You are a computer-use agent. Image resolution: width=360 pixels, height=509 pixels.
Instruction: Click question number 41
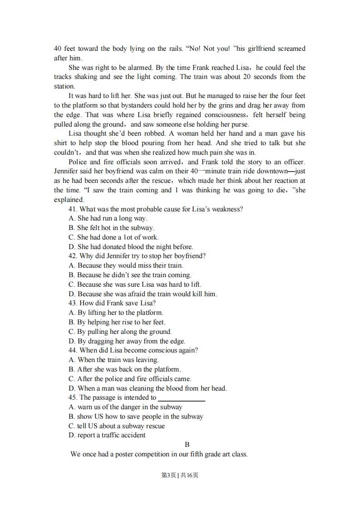point(73,209)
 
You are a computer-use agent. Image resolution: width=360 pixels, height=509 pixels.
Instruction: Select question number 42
point(73,256)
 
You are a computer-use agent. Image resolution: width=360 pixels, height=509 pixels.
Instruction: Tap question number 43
point(73,303)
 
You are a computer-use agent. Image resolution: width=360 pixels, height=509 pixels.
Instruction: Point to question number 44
point(73,351)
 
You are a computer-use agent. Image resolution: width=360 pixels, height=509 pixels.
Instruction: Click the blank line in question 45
point(181,398)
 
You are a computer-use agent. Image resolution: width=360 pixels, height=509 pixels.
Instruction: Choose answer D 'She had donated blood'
point(131,247)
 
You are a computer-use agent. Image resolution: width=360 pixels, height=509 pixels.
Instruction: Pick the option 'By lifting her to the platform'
point(116,313)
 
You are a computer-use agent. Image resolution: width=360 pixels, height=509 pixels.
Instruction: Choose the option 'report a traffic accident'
point(107,436)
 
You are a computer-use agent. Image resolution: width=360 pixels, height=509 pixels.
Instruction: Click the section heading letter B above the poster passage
point(187,445)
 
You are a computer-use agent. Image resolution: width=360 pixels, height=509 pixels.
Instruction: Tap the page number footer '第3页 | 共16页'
point(180,475)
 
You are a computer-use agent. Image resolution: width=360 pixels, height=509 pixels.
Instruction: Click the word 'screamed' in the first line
point(291,49)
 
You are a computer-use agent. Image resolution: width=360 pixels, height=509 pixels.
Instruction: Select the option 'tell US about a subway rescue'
point(117,426)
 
